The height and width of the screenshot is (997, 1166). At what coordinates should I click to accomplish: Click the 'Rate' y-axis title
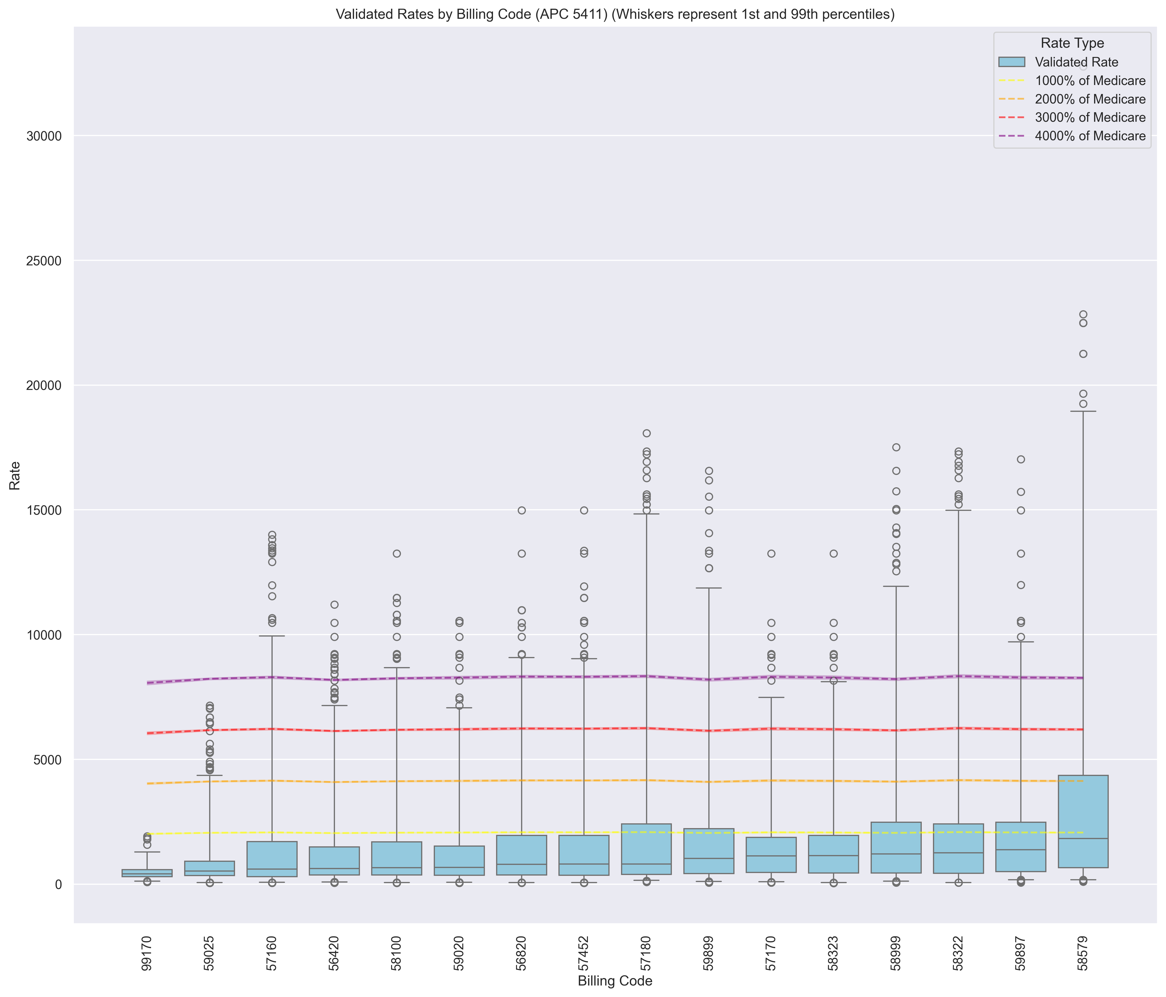(15, 476)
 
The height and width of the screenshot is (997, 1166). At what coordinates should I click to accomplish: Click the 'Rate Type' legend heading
(1072, 43)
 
